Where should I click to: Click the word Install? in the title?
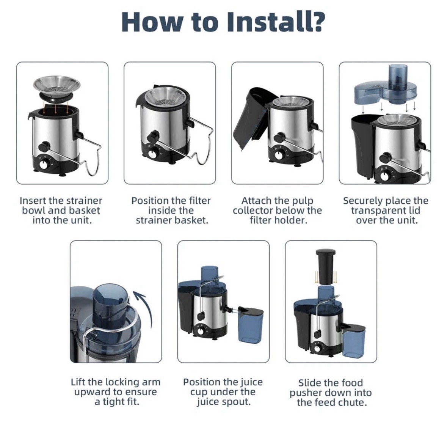276,22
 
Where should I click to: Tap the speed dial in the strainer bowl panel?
45,165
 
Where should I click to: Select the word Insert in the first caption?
33,201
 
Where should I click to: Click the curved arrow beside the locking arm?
145,308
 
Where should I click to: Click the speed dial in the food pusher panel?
317,348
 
